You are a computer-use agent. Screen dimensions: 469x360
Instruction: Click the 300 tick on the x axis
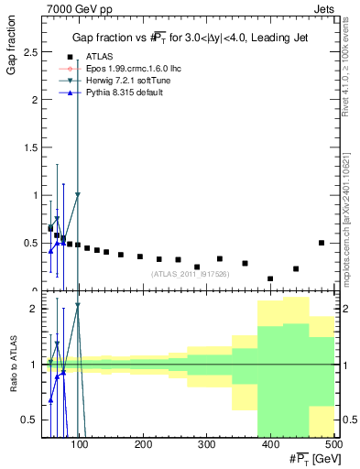206,446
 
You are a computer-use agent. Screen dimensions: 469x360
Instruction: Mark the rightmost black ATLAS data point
322,243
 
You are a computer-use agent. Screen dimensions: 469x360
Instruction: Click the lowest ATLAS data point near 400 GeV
270,278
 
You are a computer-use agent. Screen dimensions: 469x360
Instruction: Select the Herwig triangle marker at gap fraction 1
78,194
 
